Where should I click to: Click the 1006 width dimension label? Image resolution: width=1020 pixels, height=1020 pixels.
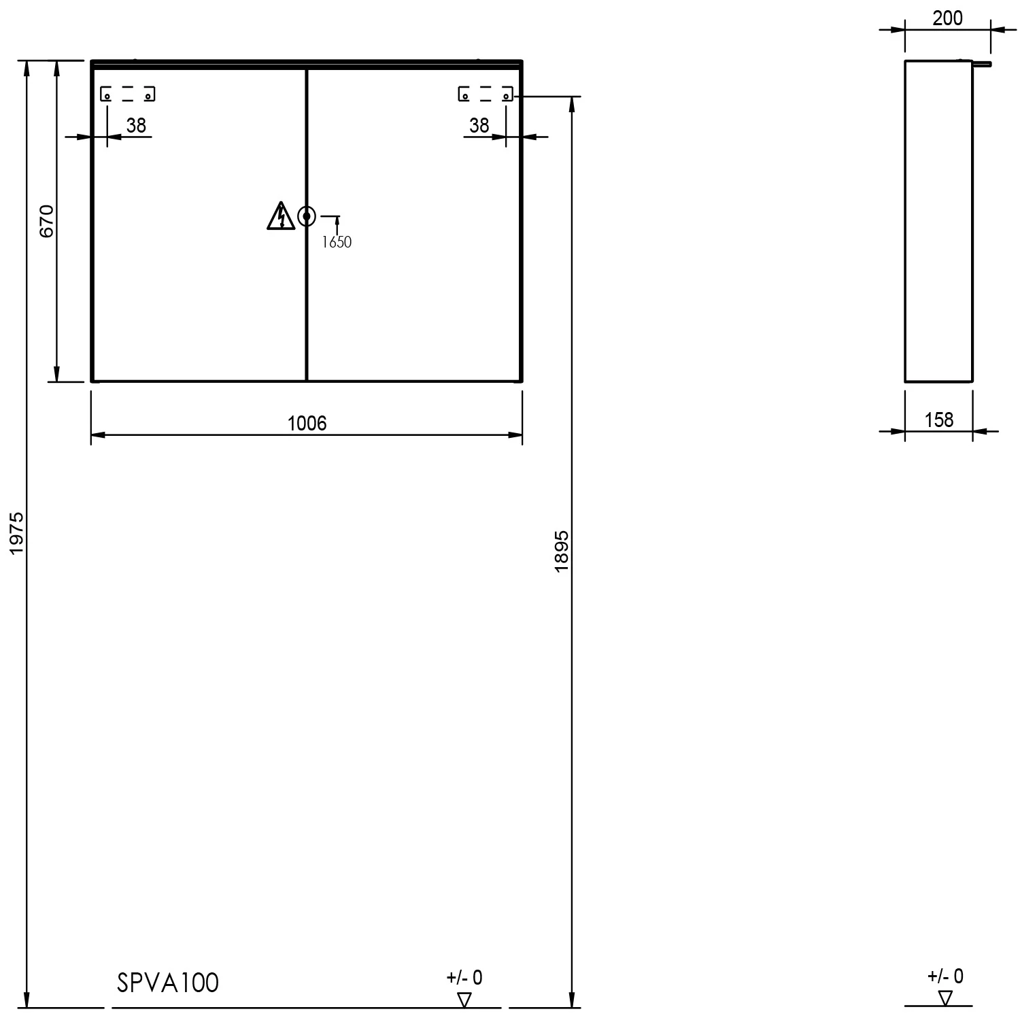pos(307,424)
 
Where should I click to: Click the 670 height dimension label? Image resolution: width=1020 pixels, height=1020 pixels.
pos(46,221)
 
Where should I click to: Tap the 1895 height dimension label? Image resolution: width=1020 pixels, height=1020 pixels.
pos(561,550)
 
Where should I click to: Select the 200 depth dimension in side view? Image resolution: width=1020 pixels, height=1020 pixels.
pos(947,18)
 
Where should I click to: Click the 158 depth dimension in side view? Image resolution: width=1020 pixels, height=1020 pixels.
pos(939,420)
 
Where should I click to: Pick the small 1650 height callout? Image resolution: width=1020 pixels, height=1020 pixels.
pos(337,242)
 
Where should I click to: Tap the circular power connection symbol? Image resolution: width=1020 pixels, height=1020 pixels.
pos(307,216)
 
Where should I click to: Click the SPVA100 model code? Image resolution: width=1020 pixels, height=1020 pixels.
pos(168,983)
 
